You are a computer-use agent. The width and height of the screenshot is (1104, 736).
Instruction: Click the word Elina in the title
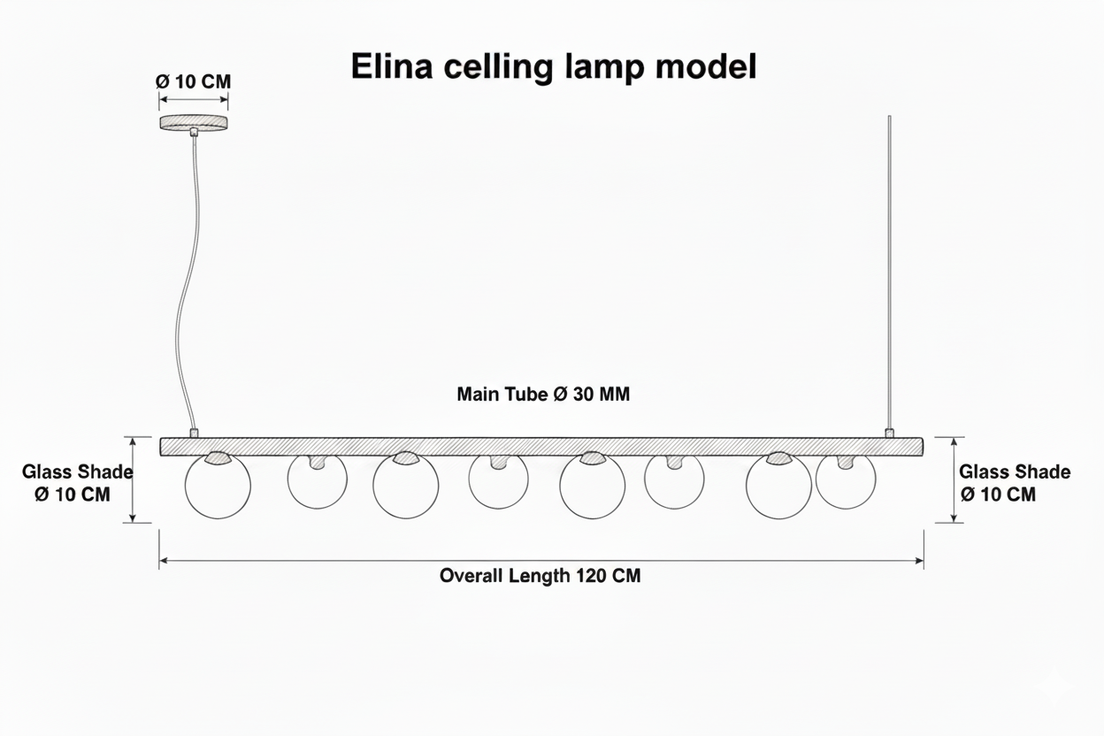click(x=391, y=66)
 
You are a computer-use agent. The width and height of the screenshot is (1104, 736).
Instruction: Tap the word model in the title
click(x=706, y=66)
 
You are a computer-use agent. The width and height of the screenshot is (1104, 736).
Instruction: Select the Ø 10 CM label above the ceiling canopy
click(x=193, y=81)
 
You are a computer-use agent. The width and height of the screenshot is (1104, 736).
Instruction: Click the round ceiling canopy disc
click(x=194, y=123)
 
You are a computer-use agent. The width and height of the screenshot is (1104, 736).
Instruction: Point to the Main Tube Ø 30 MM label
click(x=543, y=395)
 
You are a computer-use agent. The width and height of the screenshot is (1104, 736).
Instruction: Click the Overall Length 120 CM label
click(x=540, y=576)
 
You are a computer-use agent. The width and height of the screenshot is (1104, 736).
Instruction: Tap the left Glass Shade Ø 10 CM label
click(x=77, y=483)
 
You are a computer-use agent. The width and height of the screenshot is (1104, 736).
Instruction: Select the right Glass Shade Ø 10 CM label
click(x=1015, y=483)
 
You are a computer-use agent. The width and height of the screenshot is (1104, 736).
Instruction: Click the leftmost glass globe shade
click(x=185, y=486)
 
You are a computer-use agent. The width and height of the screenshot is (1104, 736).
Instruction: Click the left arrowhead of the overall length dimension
click(x=163, y=561)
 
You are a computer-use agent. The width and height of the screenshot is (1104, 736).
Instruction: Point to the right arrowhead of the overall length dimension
click(x=920, y=561)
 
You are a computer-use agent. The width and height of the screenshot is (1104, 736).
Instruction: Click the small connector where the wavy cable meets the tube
click(x=195, y=433)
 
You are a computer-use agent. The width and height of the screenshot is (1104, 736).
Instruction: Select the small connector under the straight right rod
click(x=889, y=433)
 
